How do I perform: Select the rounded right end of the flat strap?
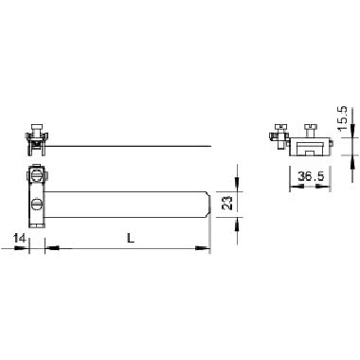208,203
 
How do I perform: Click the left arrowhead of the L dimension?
48,250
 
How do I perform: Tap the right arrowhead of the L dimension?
203,250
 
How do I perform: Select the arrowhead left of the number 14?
26,250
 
